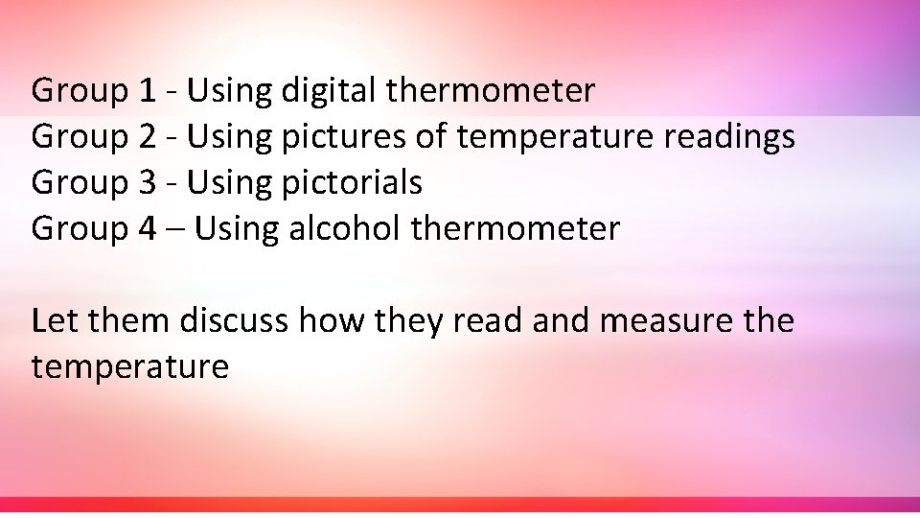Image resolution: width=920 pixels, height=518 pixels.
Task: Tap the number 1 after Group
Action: (147, 92)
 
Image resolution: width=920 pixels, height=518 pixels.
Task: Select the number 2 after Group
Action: (147, 137)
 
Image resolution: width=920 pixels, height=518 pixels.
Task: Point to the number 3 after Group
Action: (147, 182)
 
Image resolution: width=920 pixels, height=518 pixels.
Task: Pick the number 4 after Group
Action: (147, 228)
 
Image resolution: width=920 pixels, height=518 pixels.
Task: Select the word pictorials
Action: (352, 182)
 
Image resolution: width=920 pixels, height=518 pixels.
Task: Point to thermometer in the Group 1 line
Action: (490, 92)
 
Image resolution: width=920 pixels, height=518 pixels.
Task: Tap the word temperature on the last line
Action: (130, 365)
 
